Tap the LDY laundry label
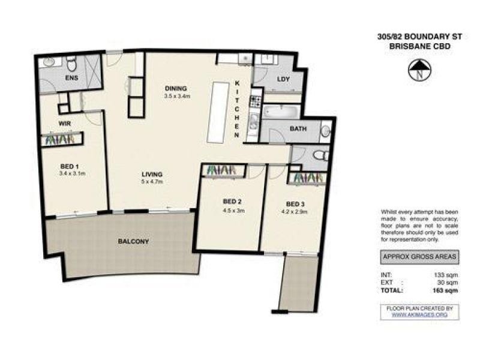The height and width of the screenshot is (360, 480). (x=284, y=79)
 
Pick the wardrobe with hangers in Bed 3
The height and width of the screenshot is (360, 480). (x=307, y=178)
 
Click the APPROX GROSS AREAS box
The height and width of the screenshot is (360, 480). (x=421, y=257)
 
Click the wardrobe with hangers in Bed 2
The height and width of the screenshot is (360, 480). (x=223, y=170)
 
